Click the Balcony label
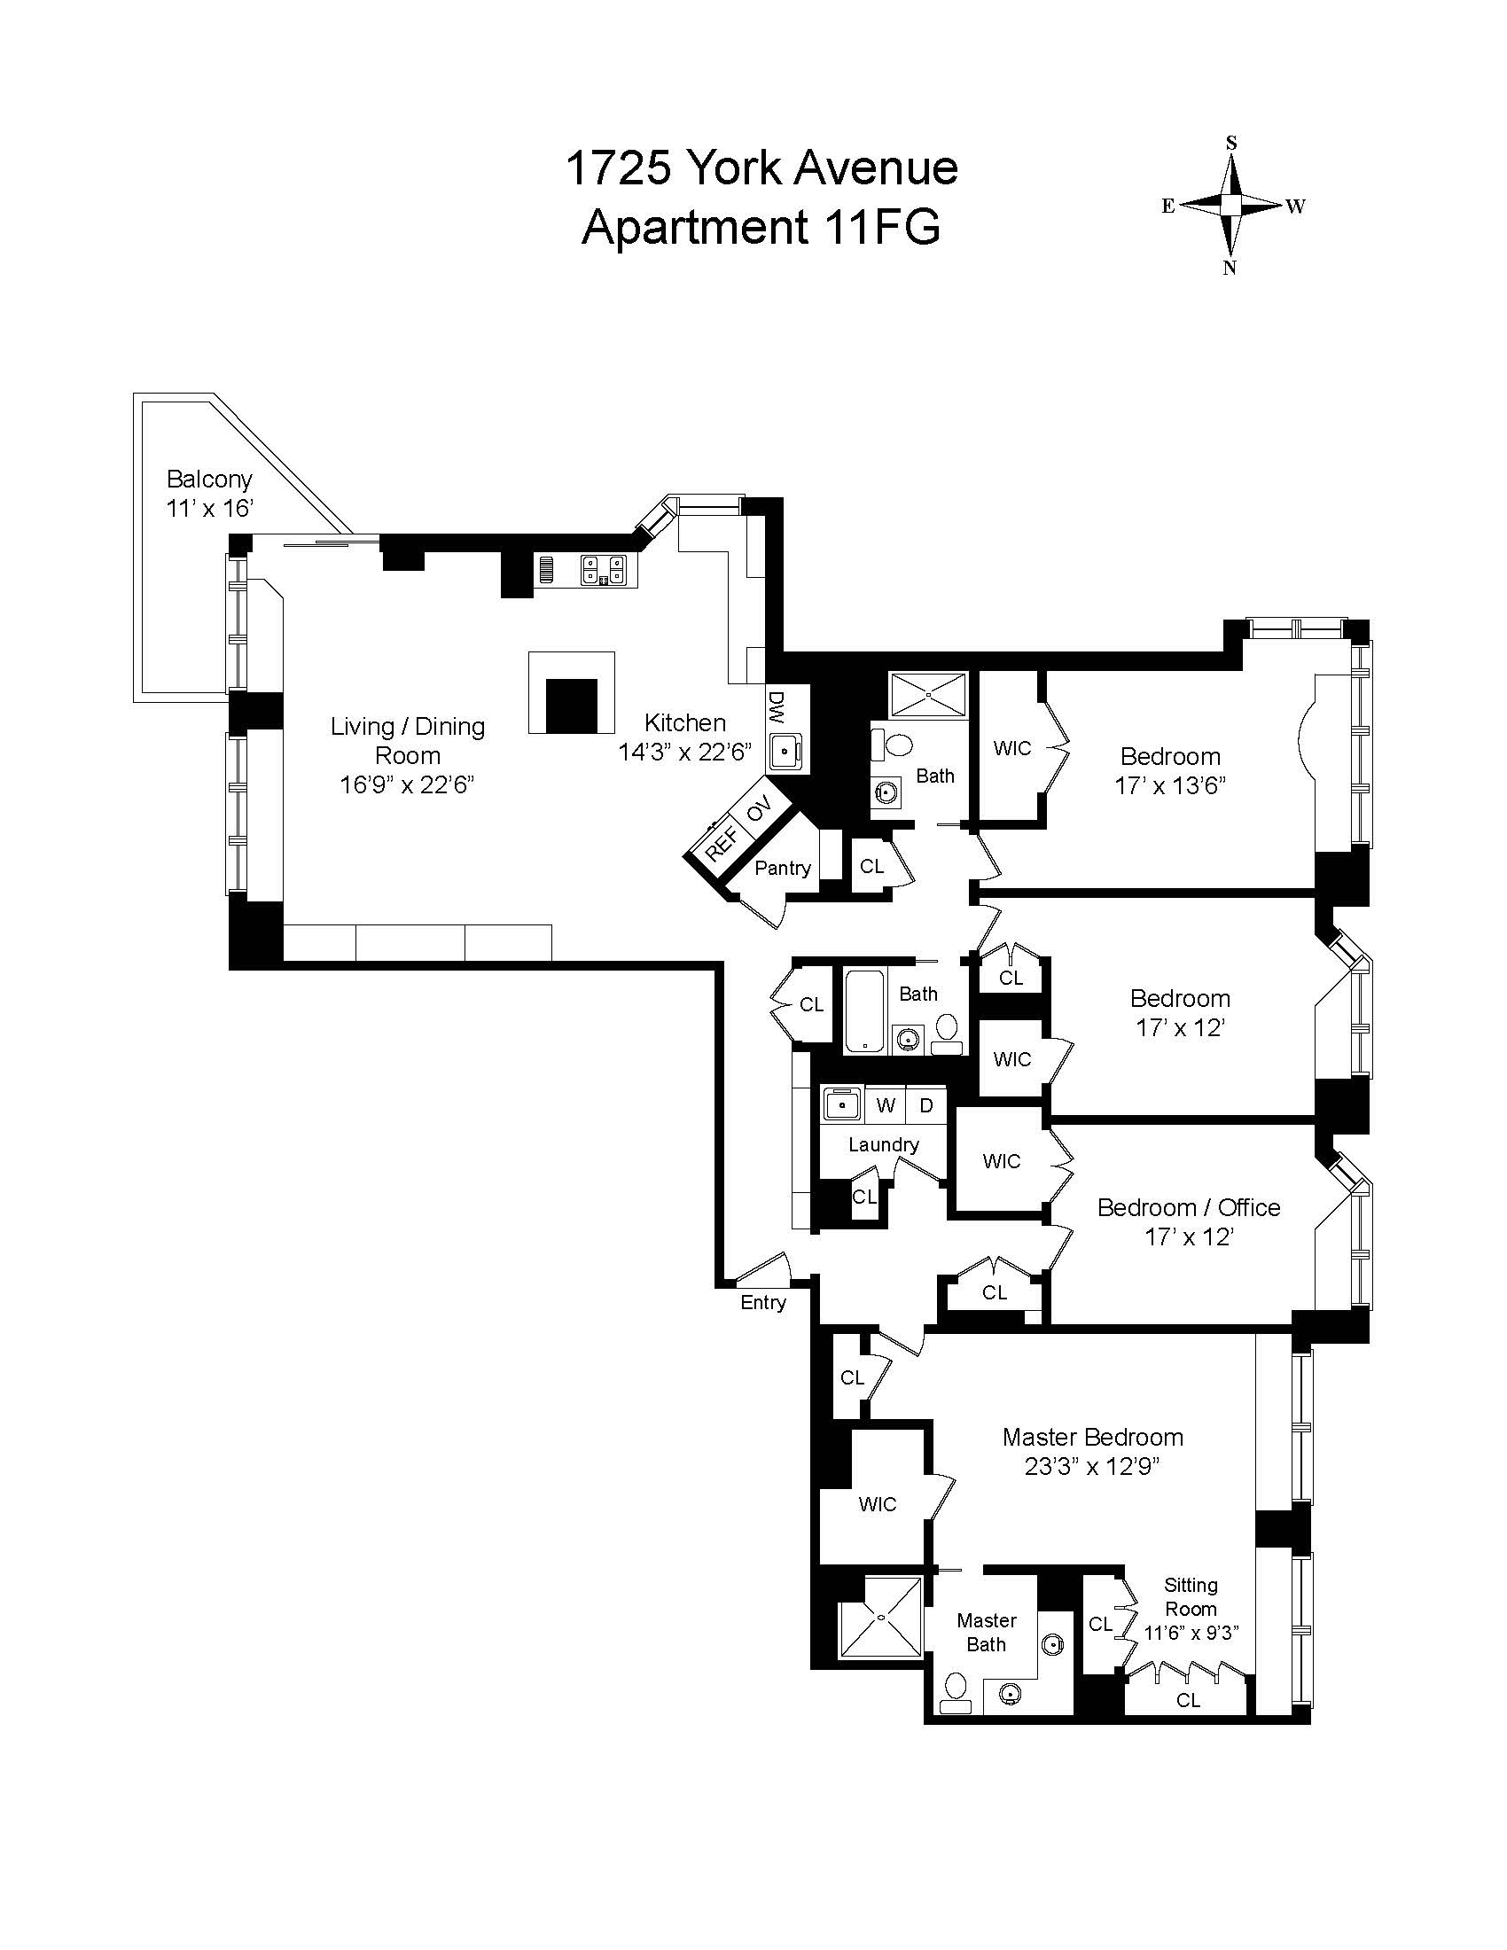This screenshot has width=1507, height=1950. (210, 480)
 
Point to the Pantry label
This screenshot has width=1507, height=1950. (783, 868)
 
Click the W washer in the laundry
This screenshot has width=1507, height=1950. (886, 1105)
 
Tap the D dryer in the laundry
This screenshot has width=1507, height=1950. (926, 1105)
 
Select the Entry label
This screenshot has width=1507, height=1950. (763, 1303)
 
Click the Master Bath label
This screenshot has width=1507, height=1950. (987, 1632)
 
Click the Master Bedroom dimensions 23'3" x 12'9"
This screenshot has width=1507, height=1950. (1093, 1467)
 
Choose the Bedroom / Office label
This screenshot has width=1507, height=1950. (1188, 1208)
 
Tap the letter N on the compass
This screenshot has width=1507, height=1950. (1230, 268)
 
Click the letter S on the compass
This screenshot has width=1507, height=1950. (1231, 143)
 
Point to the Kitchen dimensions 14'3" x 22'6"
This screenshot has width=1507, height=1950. (685, 753)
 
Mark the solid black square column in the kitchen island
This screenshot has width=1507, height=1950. (572, 706)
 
